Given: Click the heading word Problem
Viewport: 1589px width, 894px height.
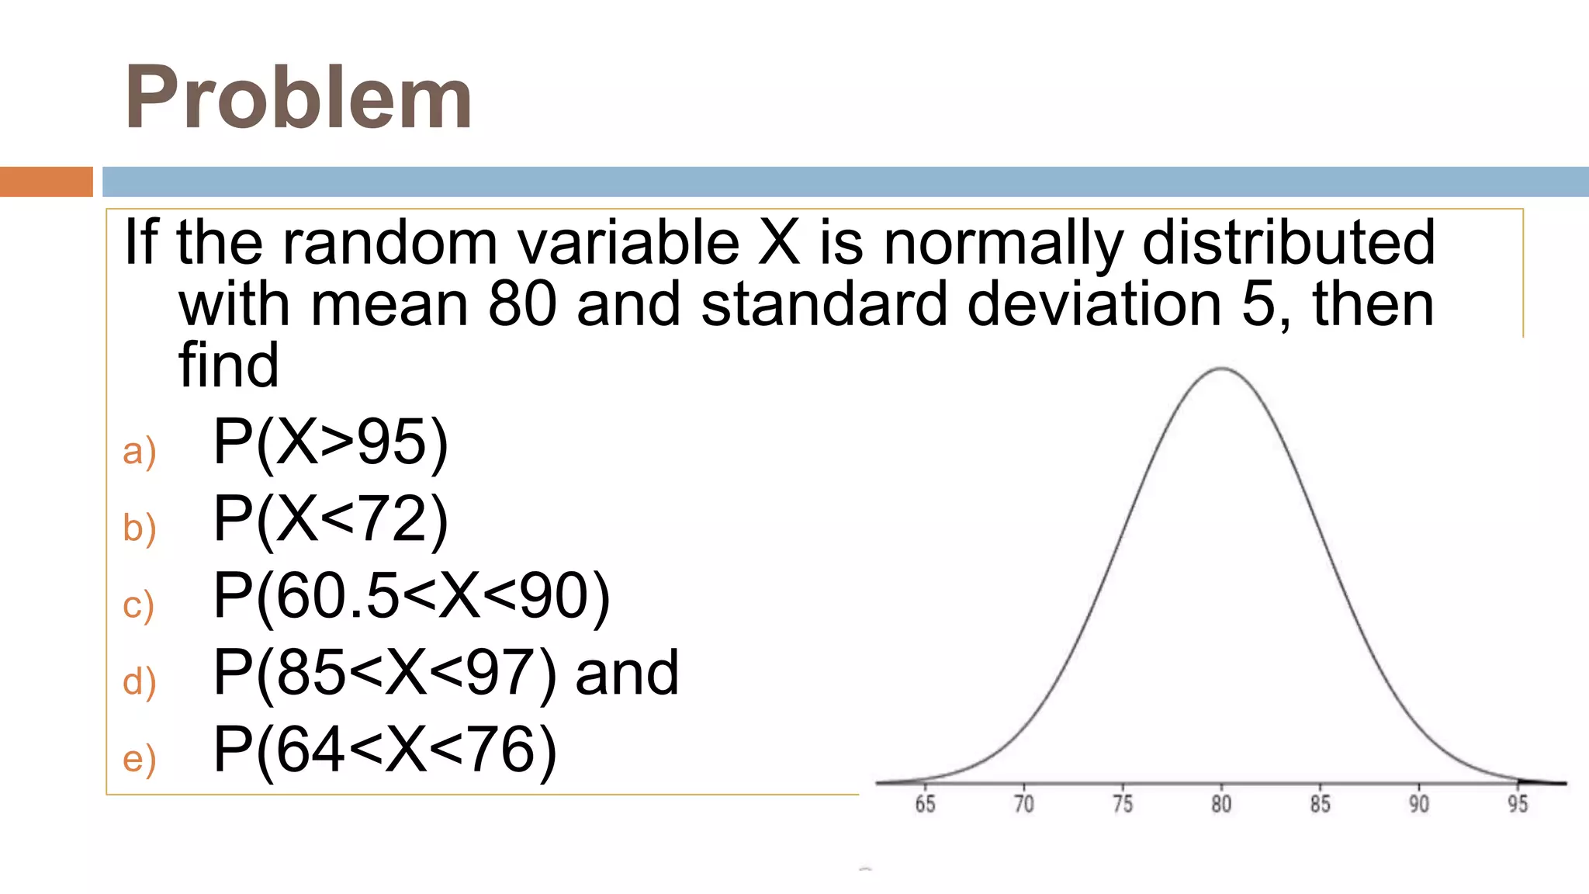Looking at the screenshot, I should point(298,98).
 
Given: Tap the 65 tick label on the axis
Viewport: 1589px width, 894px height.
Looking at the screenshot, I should point(925,804).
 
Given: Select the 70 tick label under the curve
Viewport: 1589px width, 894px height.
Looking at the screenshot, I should point(1024,804).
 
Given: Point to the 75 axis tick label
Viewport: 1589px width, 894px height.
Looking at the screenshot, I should point(1123,804).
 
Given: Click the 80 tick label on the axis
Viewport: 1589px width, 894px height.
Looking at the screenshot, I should point(1221,804).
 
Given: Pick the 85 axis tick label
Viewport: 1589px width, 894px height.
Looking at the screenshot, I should point(1321,804).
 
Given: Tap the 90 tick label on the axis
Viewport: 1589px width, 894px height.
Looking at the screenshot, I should point(1419,804).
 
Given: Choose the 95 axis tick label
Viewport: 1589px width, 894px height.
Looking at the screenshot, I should point(1518,804).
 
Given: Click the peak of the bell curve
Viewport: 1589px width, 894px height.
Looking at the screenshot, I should point(1222,369).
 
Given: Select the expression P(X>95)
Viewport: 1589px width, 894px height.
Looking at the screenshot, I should point(331,442).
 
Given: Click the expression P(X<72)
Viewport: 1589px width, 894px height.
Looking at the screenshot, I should point(331,519).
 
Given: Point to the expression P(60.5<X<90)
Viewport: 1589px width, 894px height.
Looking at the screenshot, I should point(411,596).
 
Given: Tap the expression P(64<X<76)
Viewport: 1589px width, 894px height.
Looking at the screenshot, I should point(385,750).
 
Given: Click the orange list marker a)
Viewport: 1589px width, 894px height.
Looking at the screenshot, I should point(140,452).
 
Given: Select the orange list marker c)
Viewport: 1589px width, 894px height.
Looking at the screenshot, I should point(139,605).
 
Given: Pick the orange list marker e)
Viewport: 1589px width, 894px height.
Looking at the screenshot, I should point(140,759).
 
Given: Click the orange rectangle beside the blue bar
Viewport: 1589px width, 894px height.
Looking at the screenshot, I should point(47,182).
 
